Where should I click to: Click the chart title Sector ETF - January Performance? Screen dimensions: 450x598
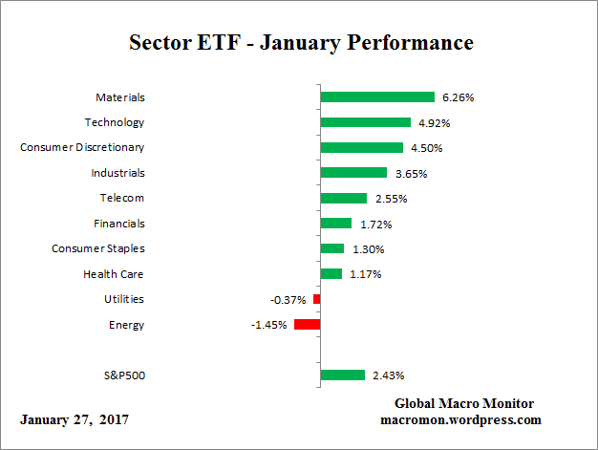coord(301,44)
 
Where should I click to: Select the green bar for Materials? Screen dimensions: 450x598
coord(377,96)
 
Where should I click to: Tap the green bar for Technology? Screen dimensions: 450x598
coord(365,122)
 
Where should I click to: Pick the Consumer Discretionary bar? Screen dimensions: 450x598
coord(361,147)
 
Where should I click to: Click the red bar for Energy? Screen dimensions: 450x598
coord(307,325)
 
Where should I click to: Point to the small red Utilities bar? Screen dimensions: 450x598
coord(316,299)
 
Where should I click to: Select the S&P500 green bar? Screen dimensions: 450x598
coord(342,375)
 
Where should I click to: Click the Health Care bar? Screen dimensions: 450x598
coord(331,274)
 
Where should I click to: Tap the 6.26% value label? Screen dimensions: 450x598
coord(458,97)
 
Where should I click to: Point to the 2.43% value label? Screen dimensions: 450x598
coord(388,376)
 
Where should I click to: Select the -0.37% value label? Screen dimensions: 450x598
coord(288,300)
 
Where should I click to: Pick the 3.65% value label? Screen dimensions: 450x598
coord(410,174)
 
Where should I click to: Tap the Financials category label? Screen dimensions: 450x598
coord(118,224)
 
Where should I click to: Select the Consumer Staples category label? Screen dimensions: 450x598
coord(97,248)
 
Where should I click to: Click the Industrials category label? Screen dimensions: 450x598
coord(117,173)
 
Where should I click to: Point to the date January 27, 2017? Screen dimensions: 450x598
coord(75,419)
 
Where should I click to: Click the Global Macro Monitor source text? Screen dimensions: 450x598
coord(463,403)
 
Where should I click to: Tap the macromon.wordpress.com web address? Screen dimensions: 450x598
coord(461,419)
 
